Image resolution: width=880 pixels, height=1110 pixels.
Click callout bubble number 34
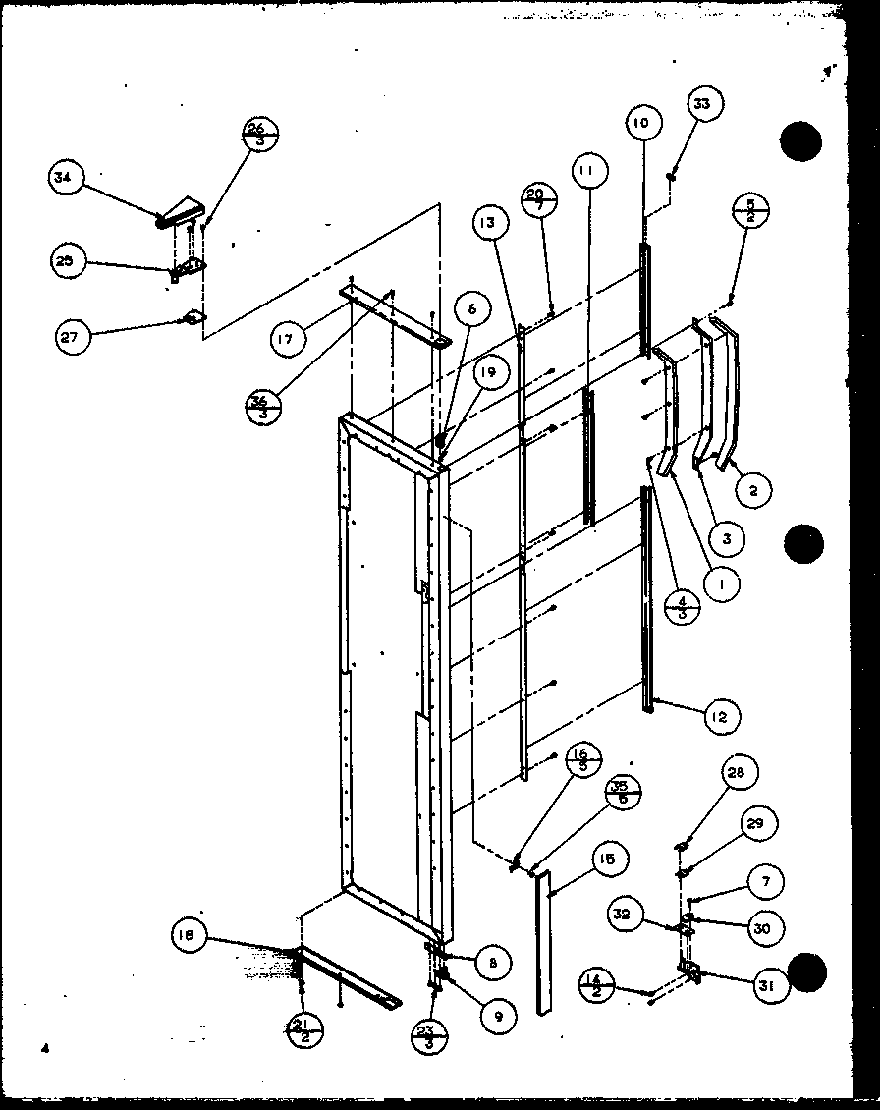(65, 179)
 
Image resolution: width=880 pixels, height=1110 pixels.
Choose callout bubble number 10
(640, 124)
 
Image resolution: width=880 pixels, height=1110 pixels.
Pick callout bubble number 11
(586, 173)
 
